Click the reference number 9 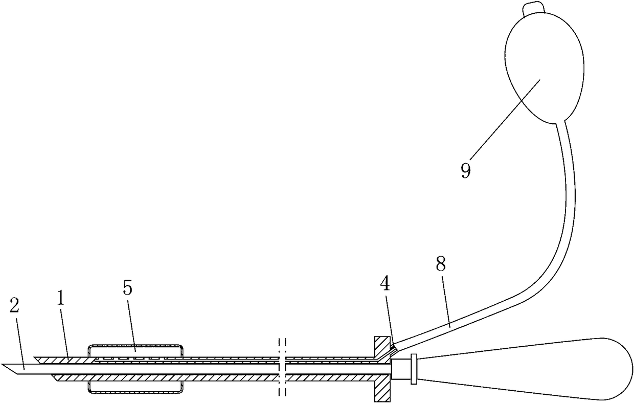click(x=465, y=170)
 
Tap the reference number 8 click(x=441, y=264)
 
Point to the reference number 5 click(x=127, y=288)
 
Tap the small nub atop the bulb click(x=530, y=9)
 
